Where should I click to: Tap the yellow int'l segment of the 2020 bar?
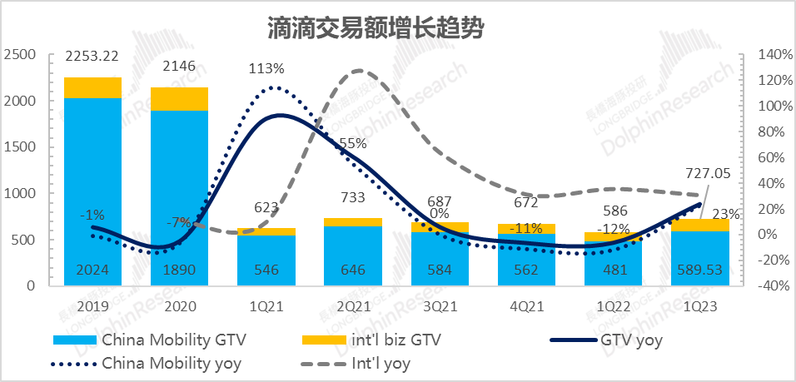pyautogui.click(x=180, y=98)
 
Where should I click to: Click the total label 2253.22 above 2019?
pyautogui.click(x=93, y=57)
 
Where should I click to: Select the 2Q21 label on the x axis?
pyautogui.click(x=353, y=307)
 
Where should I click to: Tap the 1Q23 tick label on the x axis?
pyautogui.click(x=701, y=307)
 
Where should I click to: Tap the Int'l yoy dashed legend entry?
pyautogui.click(x=381, y=363)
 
